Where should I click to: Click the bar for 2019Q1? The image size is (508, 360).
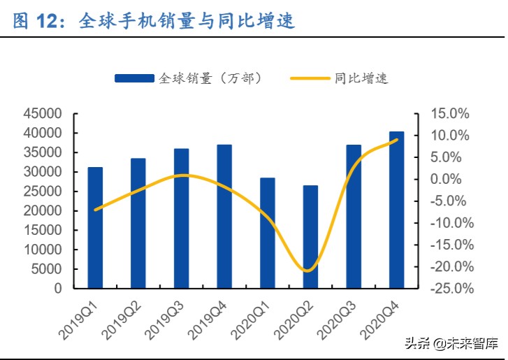pos(95,228)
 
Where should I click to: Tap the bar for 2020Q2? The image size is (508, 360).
pos(310,237)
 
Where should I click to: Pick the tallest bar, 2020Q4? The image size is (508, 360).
pos(396,210)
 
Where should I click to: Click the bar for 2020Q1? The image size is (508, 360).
pos(267,233)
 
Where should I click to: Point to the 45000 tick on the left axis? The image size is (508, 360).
pos(62,114)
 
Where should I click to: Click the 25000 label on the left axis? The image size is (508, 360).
pos(62,192)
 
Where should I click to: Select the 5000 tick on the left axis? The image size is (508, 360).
pos(66,269)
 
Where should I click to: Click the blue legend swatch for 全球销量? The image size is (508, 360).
pos(135,79)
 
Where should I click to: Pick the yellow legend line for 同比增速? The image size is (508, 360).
pos(310,79)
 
